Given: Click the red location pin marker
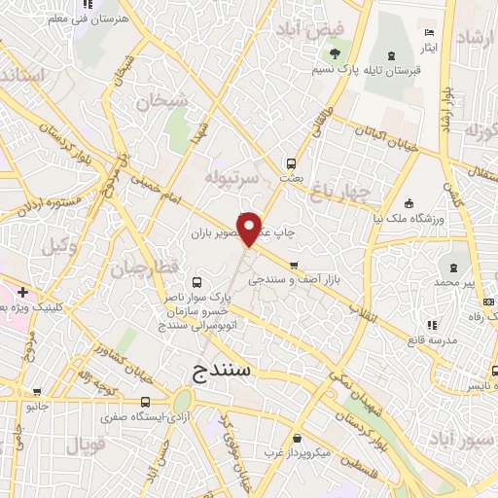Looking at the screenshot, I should tap(250, 228).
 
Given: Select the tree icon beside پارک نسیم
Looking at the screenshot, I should tap(336, 53).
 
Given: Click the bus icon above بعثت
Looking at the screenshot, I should tap(290, 163).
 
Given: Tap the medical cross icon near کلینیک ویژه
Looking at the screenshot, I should tap(21, 292).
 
